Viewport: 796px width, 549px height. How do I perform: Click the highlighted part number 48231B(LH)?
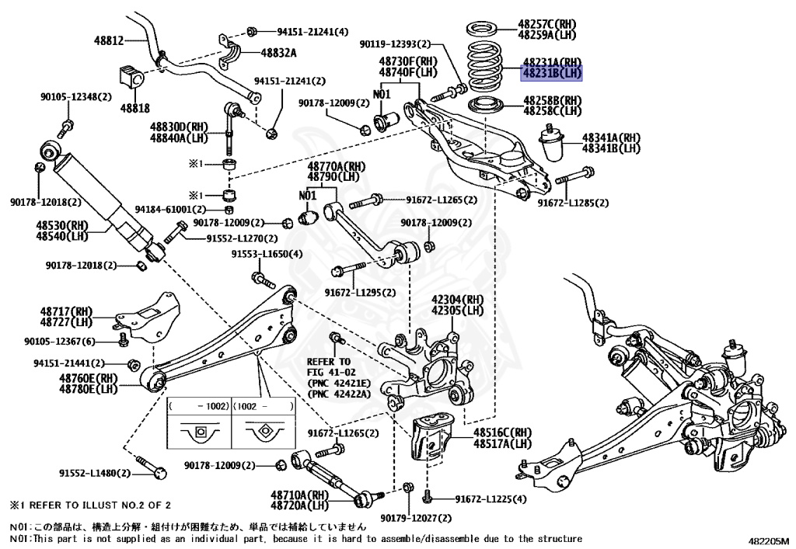pos(552,74)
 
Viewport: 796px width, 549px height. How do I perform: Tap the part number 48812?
pos(109,40)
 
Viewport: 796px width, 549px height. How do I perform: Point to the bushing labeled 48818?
pos(129,78)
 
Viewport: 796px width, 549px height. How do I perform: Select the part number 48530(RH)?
pos(61,225)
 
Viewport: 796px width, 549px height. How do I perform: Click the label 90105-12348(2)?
pos(76,97)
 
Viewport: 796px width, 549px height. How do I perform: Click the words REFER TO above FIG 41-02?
pos(329,362)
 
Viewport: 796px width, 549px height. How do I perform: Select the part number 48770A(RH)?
pos(336,166)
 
